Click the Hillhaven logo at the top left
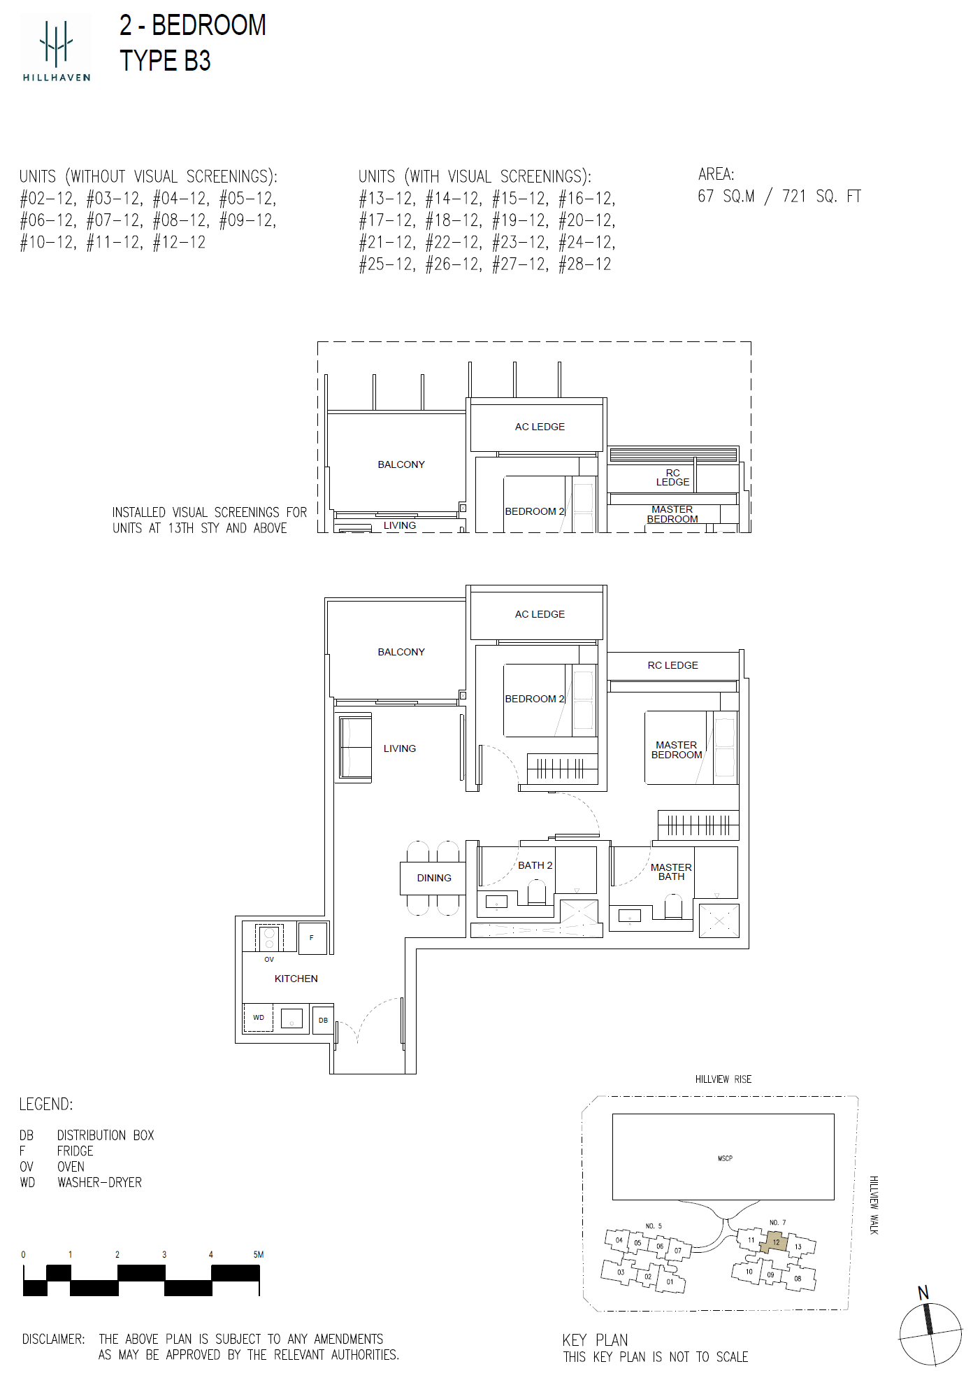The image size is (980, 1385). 56,50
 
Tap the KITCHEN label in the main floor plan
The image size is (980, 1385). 296,979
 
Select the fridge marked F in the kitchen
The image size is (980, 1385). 312,938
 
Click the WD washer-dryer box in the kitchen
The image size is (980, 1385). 259,1018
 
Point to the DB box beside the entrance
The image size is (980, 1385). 323,1021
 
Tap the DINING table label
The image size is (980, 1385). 434,878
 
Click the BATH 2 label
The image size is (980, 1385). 535,865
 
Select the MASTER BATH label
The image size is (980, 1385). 671,872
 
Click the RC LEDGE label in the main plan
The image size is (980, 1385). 672,665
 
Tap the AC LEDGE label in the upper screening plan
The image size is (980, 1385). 540,427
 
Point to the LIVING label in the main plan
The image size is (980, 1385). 400,748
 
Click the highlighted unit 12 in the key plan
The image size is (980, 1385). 774,1242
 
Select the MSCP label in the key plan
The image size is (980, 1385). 725,1158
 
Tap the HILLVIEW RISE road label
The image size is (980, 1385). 723,1079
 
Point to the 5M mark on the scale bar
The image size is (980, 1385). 259,1254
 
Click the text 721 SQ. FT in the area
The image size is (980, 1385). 821,197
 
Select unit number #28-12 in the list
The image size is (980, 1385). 585,264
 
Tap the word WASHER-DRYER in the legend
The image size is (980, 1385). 99,1182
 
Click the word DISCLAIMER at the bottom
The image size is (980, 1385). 54,1339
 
